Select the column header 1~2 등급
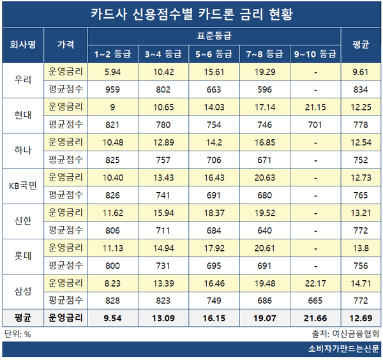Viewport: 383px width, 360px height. click(x=112, y=52)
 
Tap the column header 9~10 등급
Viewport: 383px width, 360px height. click(x=313, y=52)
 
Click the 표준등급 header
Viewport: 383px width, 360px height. click(x=213, y=36)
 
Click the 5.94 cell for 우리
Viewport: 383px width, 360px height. click(x=112, y=71)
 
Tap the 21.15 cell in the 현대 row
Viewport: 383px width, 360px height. click(x=313, y=106)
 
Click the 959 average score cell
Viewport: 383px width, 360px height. click(x=112, y=89)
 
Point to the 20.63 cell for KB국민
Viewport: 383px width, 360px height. click(x=264, y=177)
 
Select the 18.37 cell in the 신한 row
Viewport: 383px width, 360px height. click(x=213, y=213)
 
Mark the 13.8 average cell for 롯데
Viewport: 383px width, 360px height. click(x=361, y=248)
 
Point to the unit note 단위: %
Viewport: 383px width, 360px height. click(x=19, y=333)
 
